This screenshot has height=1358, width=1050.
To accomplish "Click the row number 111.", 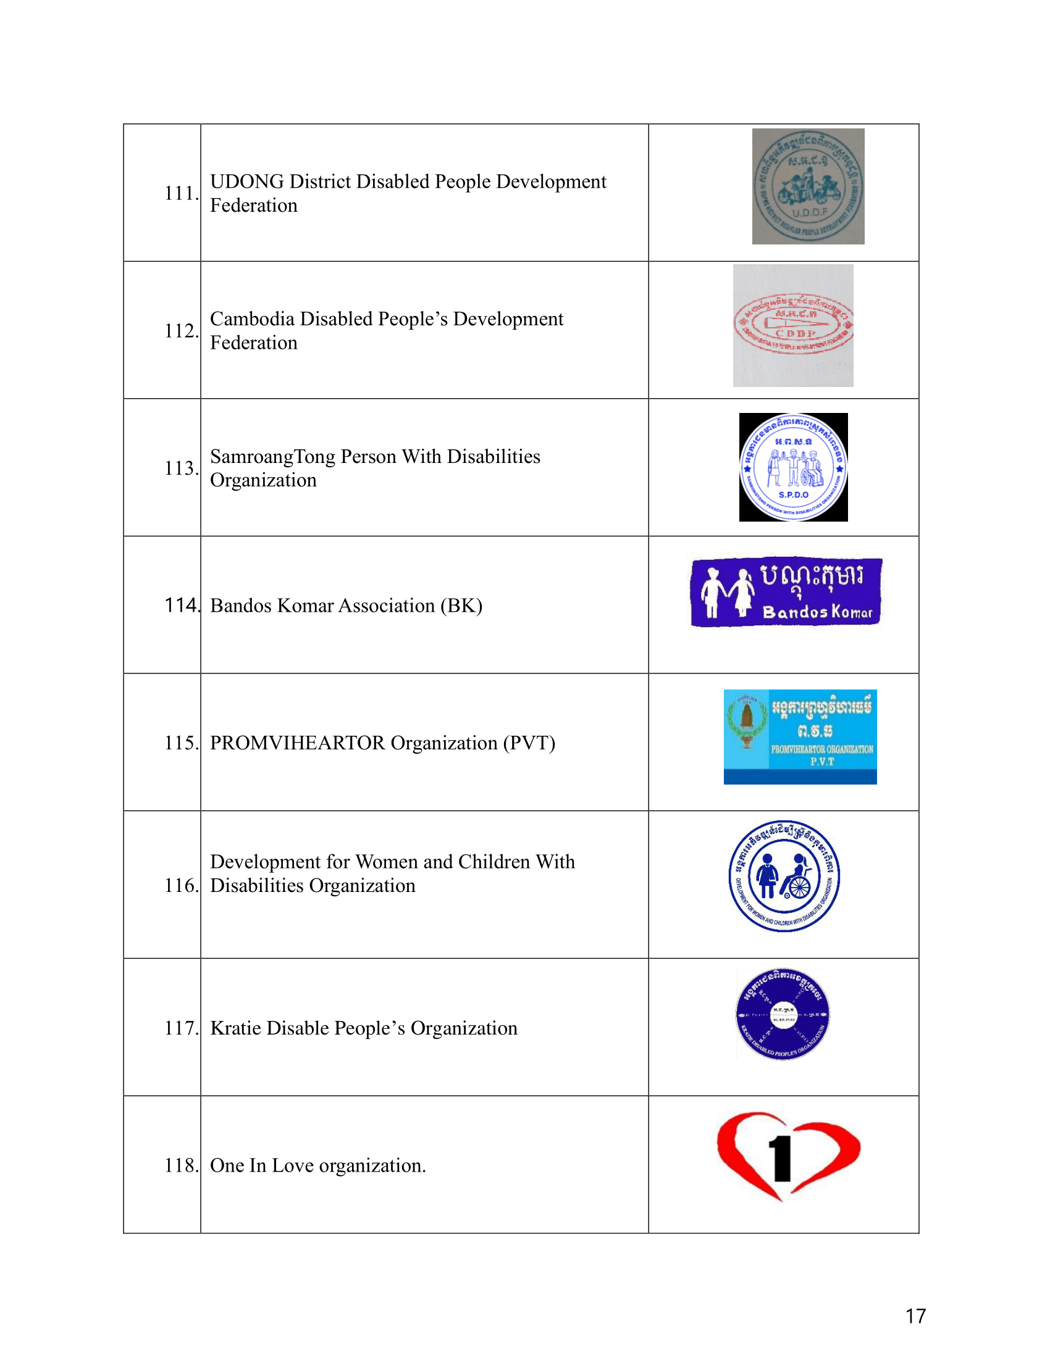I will (x=181, y=193).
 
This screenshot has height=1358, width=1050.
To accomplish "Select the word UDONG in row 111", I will (x=247, y=181).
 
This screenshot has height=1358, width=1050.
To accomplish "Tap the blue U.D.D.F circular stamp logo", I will (x=807, y=186).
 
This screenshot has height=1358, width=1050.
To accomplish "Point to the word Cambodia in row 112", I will (x=252, y=319).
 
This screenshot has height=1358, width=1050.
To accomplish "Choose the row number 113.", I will (x=181, y=469).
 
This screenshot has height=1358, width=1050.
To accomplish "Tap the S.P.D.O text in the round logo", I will (x=793, y=495).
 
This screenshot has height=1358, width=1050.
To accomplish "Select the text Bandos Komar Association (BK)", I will (x=346, y=606).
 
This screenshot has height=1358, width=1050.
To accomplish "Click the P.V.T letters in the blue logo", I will (x=821, y=762).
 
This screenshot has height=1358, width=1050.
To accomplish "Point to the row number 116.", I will (x=181, y=885).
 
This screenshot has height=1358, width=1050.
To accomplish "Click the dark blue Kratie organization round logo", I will (x=783, y=1014).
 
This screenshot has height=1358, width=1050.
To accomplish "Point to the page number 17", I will (x=915, y=1316).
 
